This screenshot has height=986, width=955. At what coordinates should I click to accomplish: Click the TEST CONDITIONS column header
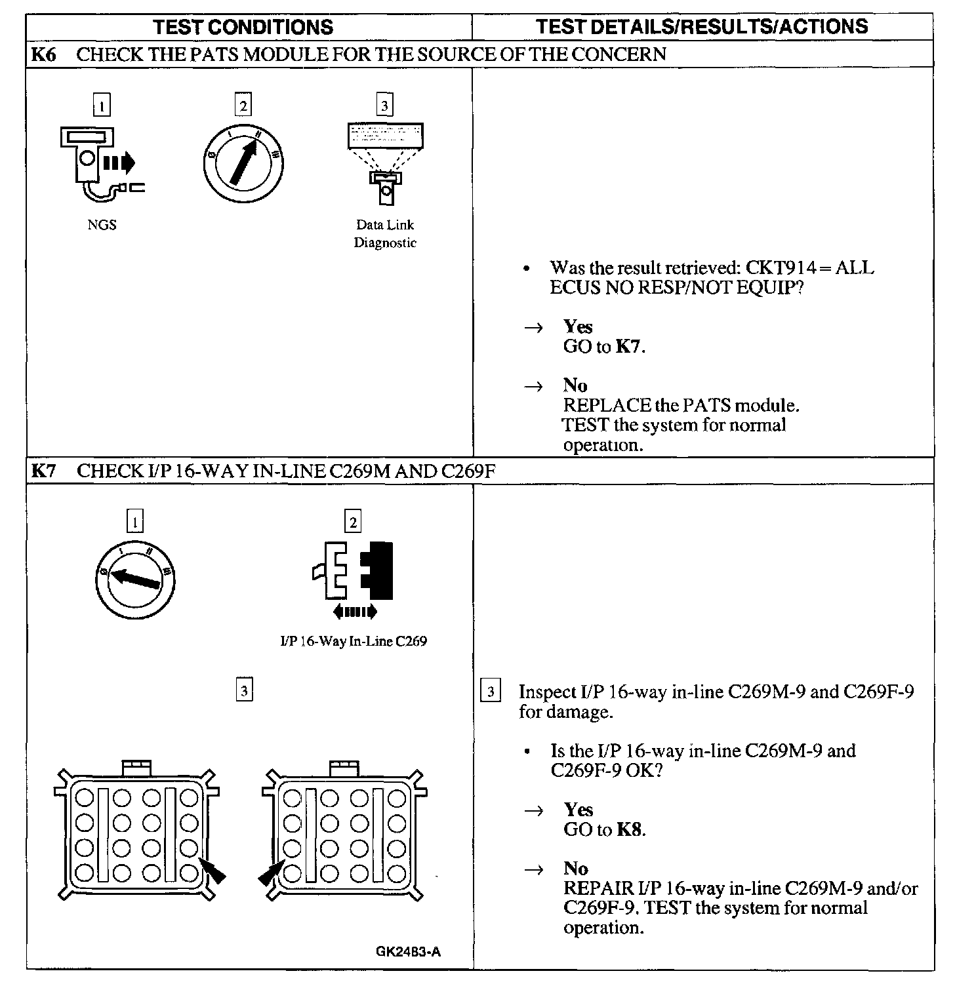click(x=243, y=27)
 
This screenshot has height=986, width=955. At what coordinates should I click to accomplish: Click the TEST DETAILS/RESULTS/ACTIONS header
click(x=702, y=26)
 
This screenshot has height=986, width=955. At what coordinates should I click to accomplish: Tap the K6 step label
click(x=44, y=54)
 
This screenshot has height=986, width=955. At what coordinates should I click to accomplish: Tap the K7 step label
click(x=44, y=471)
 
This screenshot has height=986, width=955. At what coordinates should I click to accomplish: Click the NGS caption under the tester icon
click(x=102, y=225)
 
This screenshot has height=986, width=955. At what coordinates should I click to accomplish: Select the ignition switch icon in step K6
click(x=243, y=162)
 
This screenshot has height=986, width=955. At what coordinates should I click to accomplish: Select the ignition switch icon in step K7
click(x=135, y=580)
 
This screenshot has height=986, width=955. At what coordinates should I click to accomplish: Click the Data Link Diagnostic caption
click(x=385, y=233)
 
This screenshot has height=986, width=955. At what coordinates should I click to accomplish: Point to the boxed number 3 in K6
click(x=384, y=105)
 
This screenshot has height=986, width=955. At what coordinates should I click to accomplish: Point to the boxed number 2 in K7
click(x=353, y=522)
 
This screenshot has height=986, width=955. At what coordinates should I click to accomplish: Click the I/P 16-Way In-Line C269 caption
click(x=354, y=641)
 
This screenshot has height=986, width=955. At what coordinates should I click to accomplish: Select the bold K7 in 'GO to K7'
click(x=629, y=347)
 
